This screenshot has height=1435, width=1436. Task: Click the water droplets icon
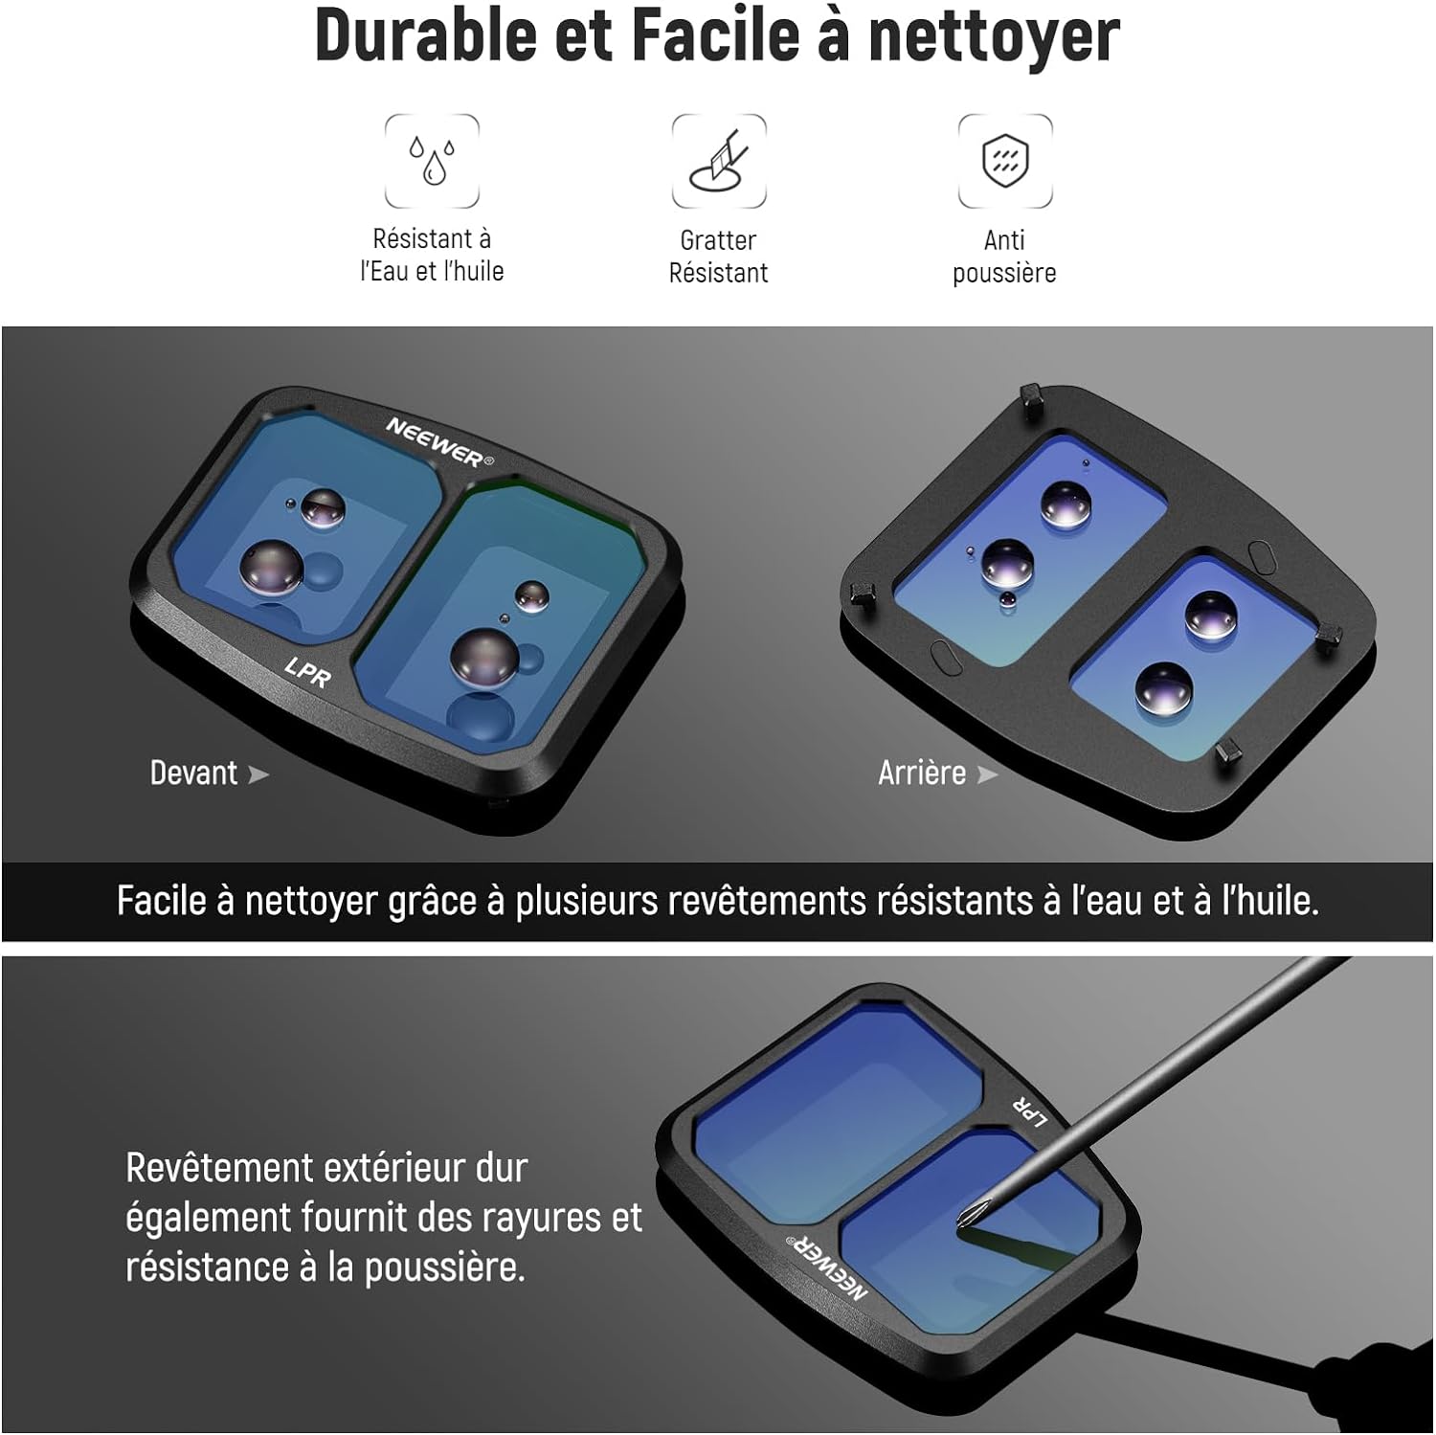[x=432, y=161]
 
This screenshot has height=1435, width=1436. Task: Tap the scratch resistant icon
[x=719, y=161]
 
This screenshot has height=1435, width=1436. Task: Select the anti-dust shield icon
[x=1005, y=161]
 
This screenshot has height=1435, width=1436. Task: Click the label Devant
[x=193, y=773]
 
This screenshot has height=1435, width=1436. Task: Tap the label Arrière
[x=922, y=773]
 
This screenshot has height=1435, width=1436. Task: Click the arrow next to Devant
[x=258, y=774]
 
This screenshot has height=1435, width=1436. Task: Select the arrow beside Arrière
[x=987, y=774]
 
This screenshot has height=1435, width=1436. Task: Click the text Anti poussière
[x=1004, y=257]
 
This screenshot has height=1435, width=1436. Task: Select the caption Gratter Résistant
[x=718, y=257]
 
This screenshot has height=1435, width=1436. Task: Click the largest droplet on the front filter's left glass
[x=272, y=567]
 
